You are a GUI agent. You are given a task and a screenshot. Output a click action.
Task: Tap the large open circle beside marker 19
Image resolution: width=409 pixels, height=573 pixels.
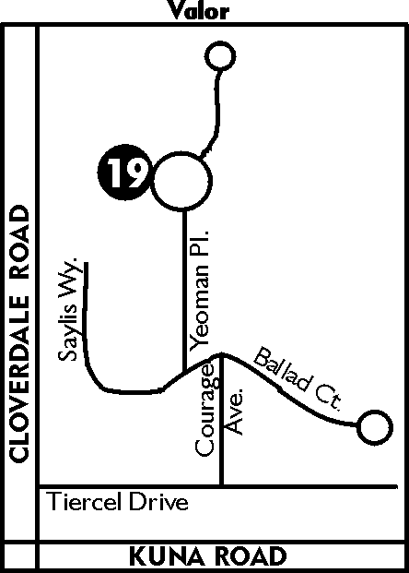[155, 182]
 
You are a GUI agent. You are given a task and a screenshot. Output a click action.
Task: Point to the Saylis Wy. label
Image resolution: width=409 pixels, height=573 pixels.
[68, 309]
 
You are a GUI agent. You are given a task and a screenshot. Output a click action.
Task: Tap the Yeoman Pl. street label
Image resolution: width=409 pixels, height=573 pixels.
[199, 290]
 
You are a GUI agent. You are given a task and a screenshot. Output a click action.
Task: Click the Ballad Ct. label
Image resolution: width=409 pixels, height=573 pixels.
[298, 378]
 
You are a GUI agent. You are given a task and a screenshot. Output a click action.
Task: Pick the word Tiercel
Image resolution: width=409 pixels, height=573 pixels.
[83, 501]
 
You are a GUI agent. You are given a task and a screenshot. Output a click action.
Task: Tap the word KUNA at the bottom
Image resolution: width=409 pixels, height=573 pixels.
[166, 555]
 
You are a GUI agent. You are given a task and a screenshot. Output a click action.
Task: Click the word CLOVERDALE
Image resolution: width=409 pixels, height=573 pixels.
[19, 378]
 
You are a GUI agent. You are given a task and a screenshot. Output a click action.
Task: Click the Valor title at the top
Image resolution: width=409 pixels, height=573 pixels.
[199, 10]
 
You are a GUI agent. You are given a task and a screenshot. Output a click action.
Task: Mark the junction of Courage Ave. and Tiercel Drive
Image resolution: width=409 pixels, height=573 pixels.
[221, 486]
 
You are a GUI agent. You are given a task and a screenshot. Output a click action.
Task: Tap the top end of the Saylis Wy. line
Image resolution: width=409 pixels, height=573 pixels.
[87, 263]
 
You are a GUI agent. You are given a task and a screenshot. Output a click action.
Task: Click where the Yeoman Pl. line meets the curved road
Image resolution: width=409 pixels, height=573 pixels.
[184, 372]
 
